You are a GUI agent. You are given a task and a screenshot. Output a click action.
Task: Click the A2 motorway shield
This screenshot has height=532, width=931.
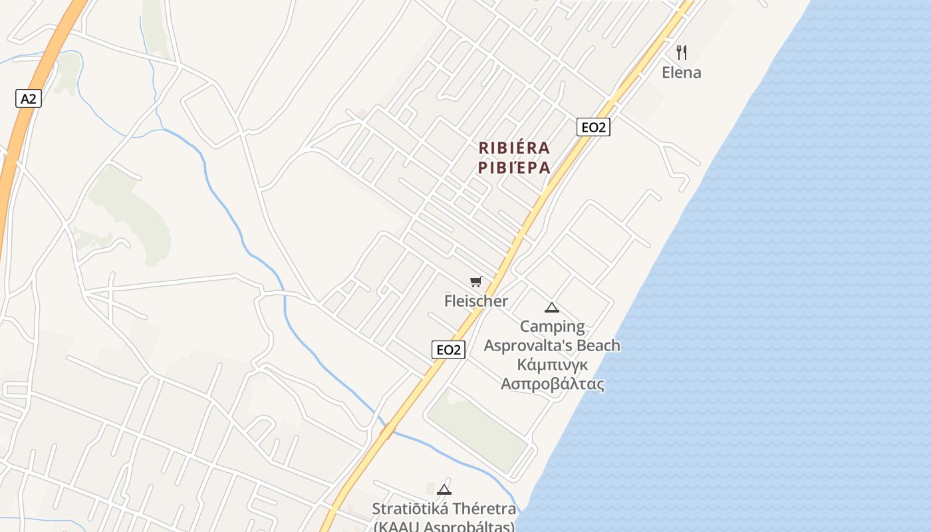pyautogui.click(x=28, y=99)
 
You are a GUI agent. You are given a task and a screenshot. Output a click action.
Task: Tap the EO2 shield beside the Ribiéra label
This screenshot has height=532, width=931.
pyautogui.click(x=593, y=127)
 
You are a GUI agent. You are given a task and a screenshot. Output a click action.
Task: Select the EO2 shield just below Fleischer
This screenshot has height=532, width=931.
pyautogui.click(x=448, y=350)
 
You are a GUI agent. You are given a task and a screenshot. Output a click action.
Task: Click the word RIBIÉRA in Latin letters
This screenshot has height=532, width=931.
pyautogui.click(x=514, y=148)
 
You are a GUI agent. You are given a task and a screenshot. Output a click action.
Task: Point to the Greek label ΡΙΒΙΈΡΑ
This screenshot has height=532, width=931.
pyautogui.click(x=514, y=168)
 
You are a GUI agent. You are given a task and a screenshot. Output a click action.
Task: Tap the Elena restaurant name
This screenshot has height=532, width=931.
pyautogui.click(x=681, y=72)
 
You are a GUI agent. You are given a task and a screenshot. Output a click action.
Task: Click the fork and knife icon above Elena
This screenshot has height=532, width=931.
pyautogui.click(x=681, y=52)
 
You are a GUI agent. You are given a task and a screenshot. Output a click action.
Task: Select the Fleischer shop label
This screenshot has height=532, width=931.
pyautogui.click(x=475, y=301)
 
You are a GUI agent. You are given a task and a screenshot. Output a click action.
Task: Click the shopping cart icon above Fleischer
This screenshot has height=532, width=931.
pyautogui.click(x=475, y=282)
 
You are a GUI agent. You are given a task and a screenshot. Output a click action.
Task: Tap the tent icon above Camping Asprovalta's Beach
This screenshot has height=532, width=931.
pyautogui.click(x=551, y=307)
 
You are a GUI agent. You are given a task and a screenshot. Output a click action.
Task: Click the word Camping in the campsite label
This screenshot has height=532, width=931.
pyautogui.click(x=552, y=327)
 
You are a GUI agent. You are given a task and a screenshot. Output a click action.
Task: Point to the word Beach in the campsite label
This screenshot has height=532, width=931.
pyautogui.click(x=598, y=346)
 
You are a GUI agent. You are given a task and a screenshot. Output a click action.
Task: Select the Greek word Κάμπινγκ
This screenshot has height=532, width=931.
pyautogui.click(x=552, y=365)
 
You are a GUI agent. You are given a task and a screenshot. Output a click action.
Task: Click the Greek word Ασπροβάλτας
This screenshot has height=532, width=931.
pyautogui.click(x=552, y=384)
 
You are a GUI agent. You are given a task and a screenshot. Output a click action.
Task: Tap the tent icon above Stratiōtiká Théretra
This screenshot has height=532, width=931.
pyautogui.click(x=444, y=490)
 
